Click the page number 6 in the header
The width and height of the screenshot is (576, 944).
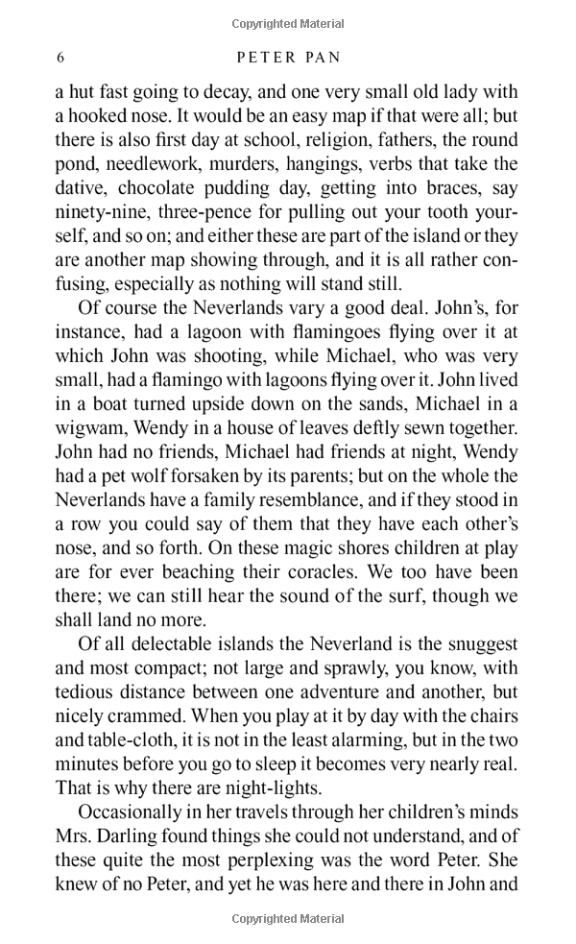[60, 58]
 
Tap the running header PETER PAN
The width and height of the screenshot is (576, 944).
[288, 58]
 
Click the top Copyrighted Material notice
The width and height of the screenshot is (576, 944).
[288, 23]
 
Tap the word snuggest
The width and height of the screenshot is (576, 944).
[474, 643]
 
